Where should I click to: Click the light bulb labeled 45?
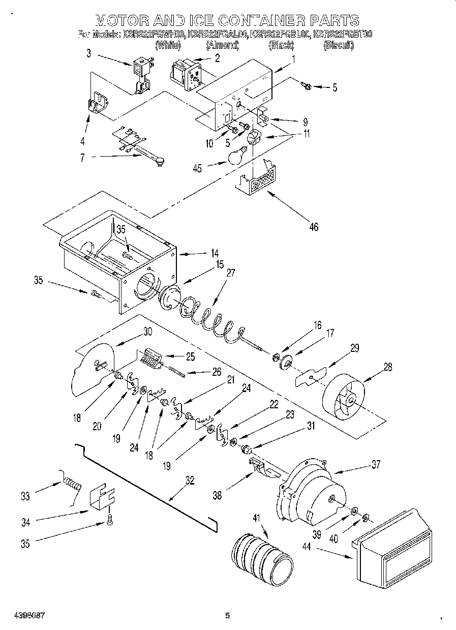point(237,156)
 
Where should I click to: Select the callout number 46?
point(314,227)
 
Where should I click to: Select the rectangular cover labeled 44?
point(394,549)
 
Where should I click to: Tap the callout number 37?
point(375,464)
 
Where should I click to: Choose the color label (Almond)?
point(222,46)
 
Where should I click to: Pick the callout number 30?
point(147,332)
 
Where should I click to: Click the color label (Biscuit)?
point(339,46)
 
